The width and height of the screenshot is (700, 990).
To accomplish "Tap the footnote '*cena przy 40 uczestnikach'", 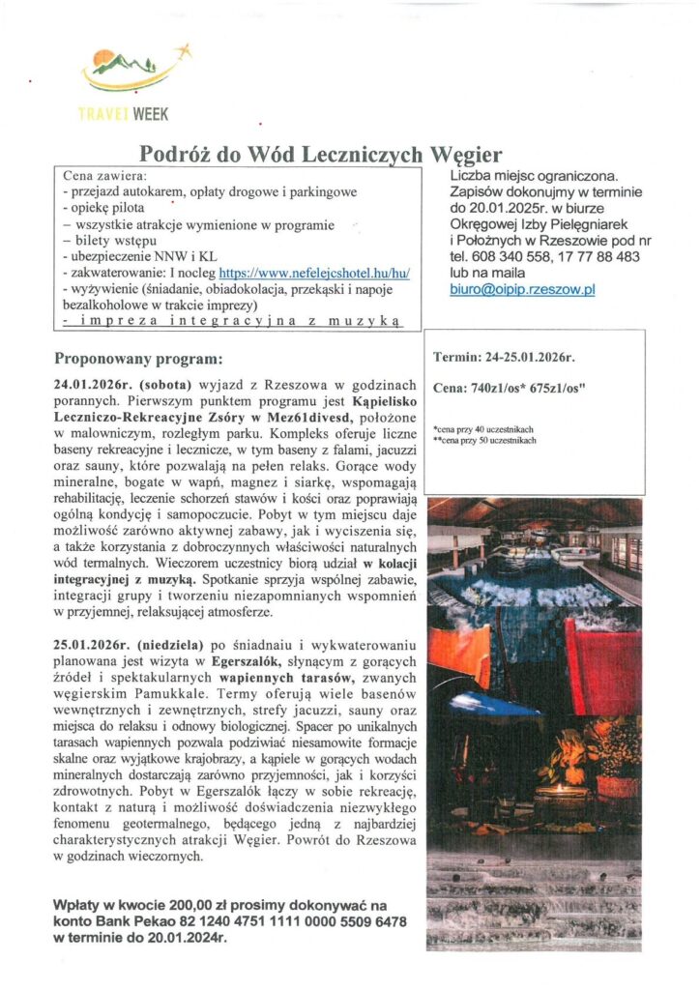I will coord(483,426).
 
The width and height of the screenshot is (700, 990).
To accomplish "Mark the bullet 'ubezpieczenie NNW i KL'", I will coord(131,257).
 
